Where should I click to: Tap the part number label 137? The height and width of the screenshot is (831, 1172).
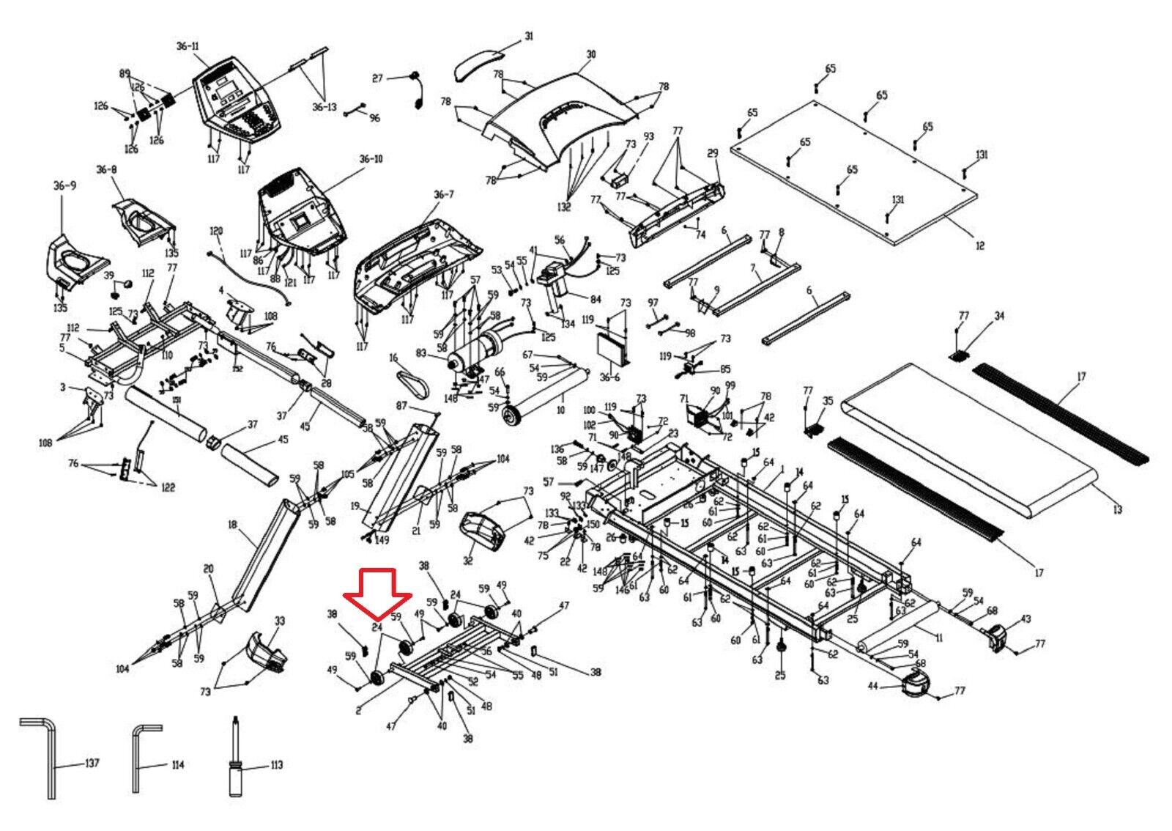(x=92, y=764)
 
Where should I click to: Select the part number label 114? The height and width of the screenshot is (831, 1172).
(x=177, y=765)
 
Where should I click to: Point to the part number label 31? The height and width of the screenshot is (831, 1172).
(x=529, y=37)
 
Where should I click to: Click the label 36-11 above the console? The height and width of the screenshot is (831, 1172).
(x=187, y=46)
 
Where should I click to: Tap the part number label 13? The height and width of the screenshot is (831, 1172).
(x=1117, y=509)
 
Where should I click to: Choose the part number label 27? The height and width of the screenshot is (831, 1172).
(x=377, y=78)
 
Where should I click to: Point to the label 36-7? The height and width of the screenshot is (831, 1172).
(x=443, y=195)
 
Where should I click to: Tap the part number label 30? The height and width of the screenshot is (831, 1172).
(x=591, y=54)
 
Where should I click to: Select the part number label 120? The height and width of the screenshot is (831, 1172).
(x=215, y=231)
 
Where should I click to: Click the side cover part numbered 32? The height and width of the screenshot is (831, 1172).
(x=482, y=533)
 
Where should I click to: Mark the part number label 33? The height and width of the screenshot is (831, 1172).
(x=279, y=621)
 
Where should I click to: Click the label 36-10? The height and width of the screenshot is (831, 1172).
(x=371, y=159)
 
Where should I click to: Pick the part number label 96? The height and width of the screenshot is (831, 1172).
(x=374, y=118)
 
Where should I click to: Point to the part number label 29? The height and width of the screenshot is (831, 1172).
(x=713, y=153)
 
